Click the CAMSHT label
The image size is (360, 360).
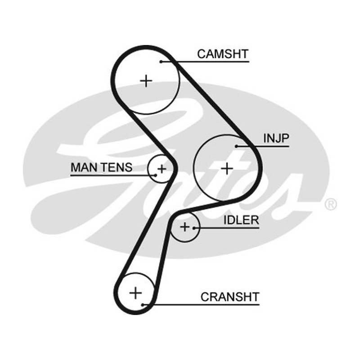click(x=223, y=54)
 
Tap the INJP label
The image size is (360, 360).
click(x=276, y=138)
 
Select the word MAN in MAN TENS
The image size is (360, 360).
click(x=84, y=167)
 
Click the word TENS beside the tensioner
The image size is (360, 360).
click(x=117, y=167)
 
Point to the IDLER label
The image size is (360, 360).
click(x=241, y=220)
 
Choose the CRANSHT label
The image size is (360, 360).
click(x=230, y=297)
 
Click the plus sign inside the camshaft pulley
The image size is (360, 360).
click(x=146, y=81)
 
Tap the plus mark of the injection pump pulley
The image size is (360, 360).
click(x=227, y=169)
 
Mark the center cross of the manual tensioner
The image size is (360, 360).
click(x=162, y=169)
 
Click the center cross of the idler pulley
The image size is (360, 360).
click(x=185, y=227)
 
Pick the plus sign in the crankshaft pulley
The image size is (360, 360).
click(x=135, y=293)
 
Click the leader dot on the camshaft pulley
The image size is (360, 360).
click(x=161, y=62)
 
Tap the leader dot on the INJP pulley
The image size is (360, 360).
click(x=236, y=146)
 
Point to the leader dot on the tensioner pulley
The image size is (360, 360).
click(x=156, y=175)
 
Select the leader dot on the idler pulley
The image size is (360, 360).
click(x=194, y=228)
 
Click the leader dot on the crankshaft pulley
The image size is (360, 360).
click(x=143, y=305)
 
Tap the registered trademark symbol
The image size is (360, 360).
click(x=331, y=204)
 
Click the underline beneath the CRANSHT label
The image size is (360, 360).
click(x=201, y=305)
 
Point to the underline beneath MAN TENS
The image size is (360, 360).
click(x=113, y=175)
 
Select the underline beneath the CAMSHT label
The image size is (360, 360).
click(x=205, y=62)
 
